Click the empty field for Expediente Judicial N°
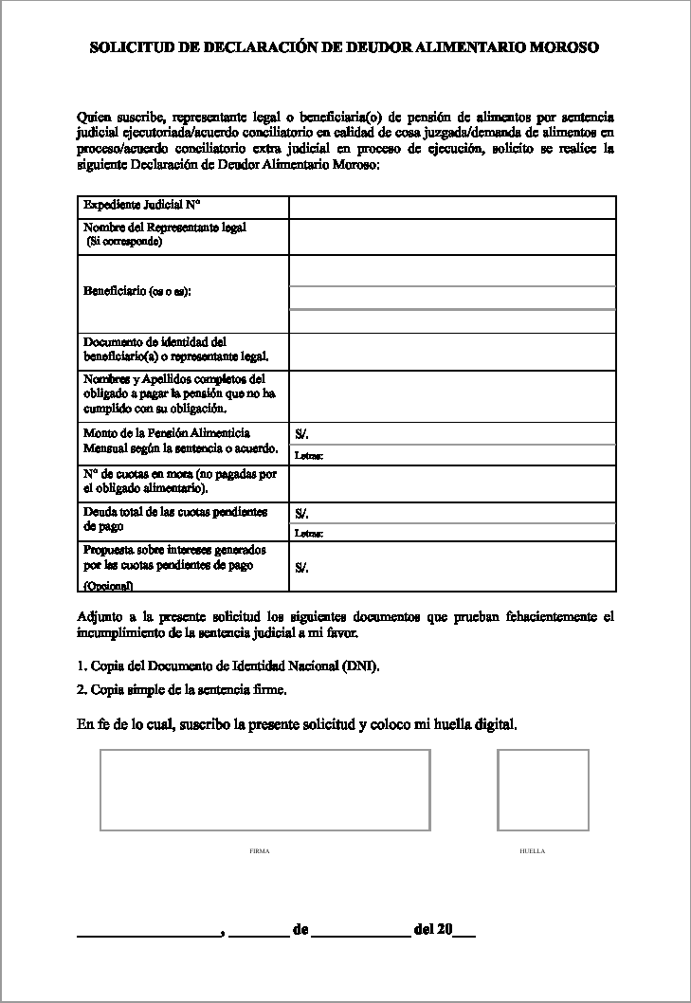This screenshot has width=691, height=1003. [x=452, y=207]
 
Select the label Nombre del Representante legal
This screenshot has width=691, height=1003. [x=165, y=228]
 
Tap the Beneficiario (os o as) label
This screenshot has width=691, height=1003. [x=137, y=291]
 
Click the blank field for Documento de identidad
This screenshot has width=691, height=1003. [x=452, y=351]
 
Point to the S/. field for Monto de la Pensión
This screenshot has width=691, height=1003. [x=452, y=433]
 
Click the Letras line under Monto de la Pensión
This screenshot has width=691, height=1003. [x=452, y=456]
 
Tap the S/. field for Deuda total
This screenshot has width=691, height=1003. [x=452, y=513]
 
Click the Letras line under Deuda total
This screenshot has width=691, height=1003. [x=452, y=533]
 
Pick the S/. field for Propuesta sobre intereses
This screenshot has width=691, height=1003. [x=452, y=567]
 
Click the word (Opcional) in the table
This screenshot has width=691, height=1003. [x=108, y=586]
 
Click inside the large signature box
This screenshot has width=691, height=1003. [x=264, y=790]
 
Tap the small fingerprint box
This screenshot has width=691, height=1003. [x=543, y=790]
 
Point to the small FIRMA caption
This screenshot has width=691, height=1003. [x=260, y=851]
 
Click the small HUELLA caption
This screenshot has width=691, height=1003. [x=533, y=851]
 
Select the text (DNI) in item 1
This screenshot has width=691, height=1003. [x=362, y=666]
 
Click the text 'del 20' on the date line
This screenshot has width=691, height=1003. [x=432, y=929]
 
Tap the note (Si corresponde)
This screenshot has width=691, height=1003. [x=124, y=242]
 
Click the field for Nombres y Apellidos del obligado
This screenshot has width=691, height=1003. [x=452, y=395]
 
